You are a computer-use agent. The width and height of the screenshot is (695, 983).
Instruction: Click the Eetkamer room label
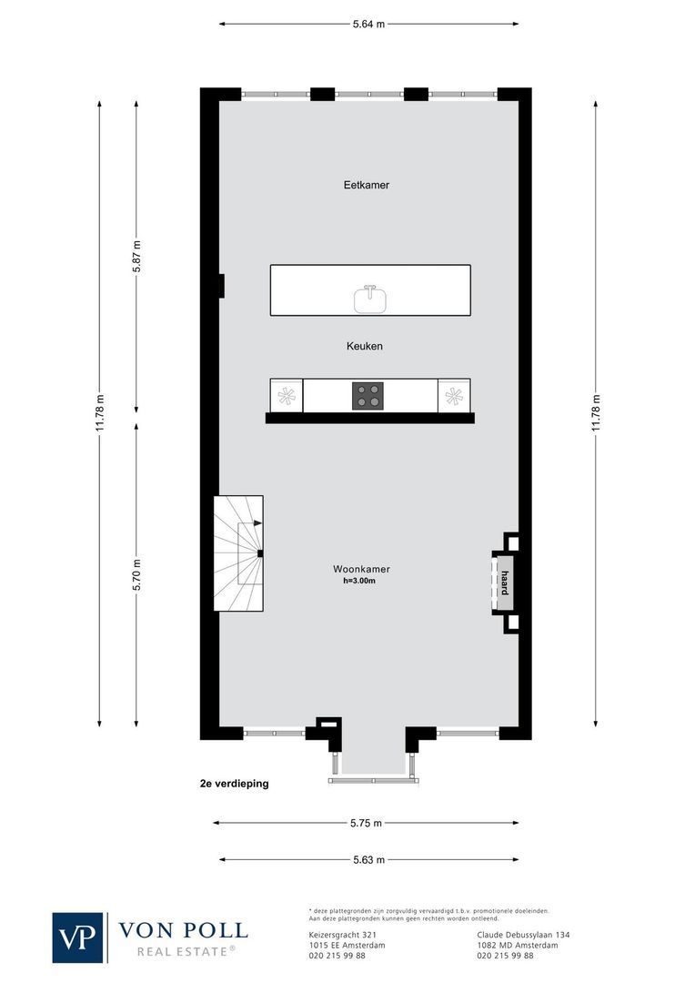(367, 185)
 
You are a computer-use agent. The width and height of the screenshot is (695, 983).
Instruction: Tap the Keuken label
(364, 347)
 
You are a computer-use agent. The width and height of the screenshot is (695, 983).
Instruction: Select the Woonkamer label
(361, 570)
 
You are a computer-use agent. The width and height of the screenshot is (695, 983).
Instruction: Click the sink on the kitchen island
(370, 299)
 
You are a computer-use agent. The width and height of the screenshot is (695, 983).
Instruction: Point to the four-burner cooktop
(368, 396)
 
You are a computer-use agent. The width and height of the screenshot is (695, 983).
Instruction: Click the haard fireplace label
(504, 583)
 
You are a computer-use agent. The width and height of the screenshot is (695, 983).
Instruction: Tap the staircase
(238, 553)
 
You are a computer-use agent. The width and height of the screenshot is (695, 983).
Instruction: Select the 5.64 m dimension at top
(368, 25)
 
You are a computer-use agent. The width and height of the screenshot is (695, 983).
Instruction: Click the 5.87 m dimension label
(136, 257)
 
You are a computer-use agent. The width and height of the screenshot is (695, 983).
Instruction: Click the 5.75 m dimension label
(366, 823)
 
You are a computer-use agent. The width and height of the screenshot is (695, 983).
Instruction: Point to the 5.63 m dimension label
(368, 859)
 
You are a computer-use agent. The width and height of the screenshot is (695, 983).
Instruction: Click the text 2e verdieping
(235, 784)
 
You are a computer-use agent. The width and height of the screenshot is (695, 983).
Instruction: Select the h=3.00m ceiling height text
(360, 582)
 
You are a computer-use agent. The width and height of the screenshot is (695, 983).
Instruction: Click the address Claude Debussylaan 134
(523, 935)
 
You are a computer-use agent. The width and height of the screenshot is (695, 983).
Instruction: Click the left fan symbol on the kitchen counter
(287, 396)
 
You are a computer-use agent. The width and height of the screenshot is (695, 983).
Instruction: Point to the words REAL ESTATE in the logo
(186, 951)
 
